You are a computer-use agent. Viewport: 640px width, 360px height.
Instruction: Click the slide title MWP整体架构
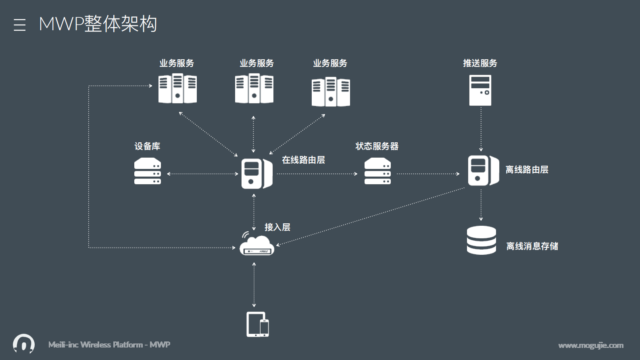[x=98, y=24]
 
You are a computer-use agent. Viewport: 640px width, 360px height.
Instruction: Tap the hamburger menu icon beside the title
[x=19, y=25]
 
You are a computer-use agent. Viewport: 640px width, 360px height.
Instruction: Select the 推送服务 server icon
[x=480, y=90]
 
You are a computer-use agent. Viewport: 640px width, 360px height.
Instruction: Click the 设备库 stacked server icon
[x=147, y=171]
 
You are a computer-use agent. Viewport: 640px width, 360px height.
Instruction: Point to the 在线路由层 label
[x=303, y=160]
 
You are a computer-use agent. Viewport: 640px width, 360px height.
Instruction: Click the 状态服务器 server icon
[x=377, y=171]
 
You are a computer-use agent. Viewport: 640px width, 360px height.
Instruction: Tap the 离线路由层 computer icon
[x=483, y=171]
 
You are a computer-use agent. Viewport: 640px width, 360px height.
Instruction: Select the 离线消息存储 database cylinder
[x=481, y=240]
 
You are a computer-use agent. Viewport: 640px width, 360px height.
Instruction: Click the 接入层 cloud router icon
[x=256, y=244]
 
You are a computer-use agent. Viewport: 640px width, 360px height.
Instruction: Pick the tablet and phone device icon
[x=258, y=325]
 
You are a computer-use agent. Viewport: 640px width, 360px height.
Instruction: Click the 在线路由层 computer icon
[x=256, y=174]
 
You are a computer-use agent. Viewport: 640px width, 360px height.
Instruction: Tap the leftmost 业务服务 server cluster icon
[x=177, y=88]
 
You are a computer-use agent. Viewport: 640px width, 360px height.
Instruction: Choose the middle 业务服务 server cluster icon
[x=254, y=88]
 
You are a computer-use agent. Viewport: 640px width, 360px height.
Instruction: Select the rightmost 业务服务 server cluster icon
[x=331, y=92]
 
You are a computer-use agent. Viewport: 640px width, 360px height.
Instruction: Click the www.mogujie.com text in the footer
[x=590, y=345]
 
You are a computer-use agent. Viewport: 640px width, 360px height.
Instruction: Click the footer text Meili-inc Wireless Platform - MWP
[x=109, y=345]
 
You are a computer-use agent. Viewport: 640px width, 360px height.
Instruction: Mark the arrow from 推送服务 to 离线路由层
[x=481, y=129]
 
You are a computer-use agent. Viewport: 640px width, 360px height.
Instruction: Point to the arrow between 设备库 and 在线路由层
[x=202, y=174]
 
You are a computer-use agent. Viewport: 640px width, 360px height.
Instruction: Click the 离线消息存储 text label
[x=532, y=246]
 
